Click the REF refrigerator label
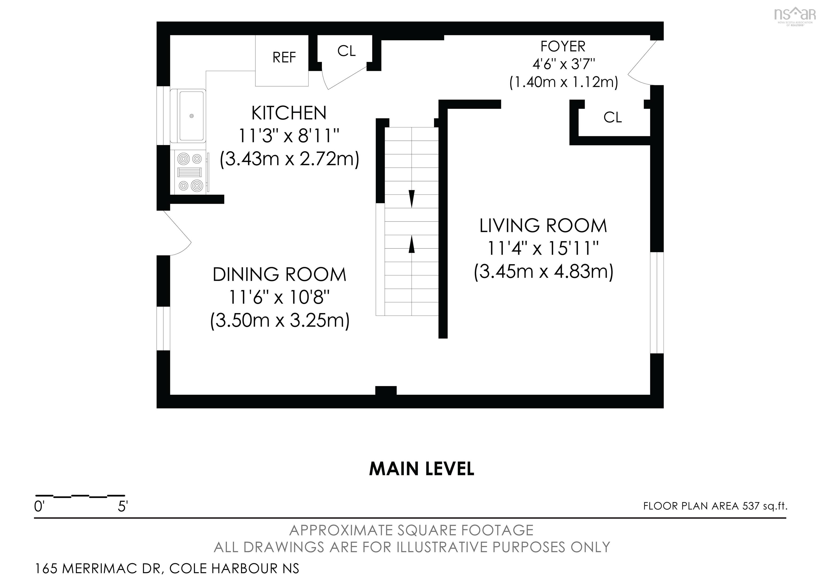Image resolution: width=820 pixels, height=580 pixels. [x=284, y=57]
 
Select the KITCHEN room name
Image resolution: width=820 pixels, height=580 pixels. [x=289, y=113]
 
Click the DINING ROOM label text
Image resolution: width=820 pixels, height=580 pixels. [x=280, y=274]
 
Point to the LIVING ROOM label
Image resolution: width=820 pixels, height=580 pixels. [x=543, y=225]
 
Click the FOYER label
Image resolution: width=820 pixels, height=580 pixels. [x=563, y=46]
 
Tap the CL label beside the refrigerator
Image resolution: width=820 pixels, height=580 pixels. [x=346, y=51]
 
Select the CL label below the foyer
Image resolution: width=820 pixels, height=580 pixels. [x=613, y=117]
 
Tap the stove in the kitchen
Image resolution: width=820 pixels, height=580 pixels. [x=191, y=172]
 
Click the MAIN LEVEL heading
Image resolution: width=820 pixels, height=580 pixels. [x=421, y=469]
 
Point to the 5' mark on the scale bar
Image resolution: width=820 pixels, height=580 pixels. [x=123, y=506]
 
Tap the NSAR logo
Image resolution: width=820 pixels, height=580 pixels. [x=795, y=16]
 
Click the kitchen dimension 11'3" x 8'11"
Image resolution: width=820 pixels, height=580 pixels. [x=289, y=136]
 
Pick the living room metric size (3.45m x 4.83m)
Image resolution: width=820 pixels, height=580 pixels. [x=543, y=272]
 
